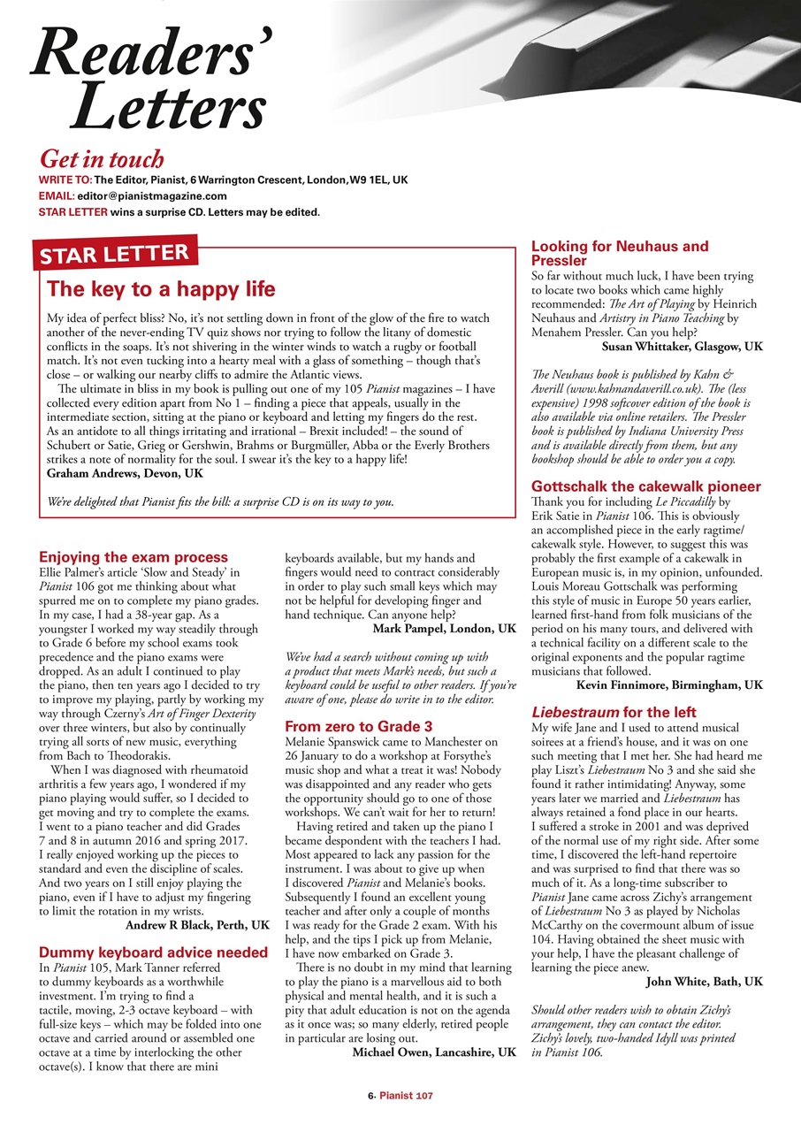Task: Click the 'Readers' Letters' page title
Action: pyautogui.click(x=150, y=80)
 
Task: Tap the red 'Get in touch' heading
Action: pyautogui.click(x=102, y=159)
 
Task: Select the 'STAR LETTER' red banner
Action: pyautogui.click(x=112, y=256)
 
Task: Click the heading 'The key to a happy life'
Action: pyautogui.click(x=161, y=289)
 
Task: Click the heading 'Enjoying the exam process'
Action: pyautogui.click(x=133, y=557)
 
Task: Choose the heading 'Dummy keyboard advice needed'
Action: pyautogui.click(x=153, y=952)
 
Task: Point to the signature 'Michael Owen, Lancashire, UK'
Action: pyautogui.click(x=434, y=1052)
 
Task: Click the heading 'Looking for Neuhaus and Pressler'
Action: pyautogui.click(x=620, y=254)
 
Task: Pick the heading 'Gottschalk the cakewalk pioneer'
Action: pyautogui.click(x=645, y=486)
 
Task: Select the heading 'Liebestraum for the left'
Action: pyautogui.click(x=614, y=712)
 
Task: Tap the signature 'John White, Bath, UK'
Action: pyautogui.click(x=705, y=981)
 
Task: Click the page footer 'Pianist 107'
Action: pyautogui.click(x=406, y=1095)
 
